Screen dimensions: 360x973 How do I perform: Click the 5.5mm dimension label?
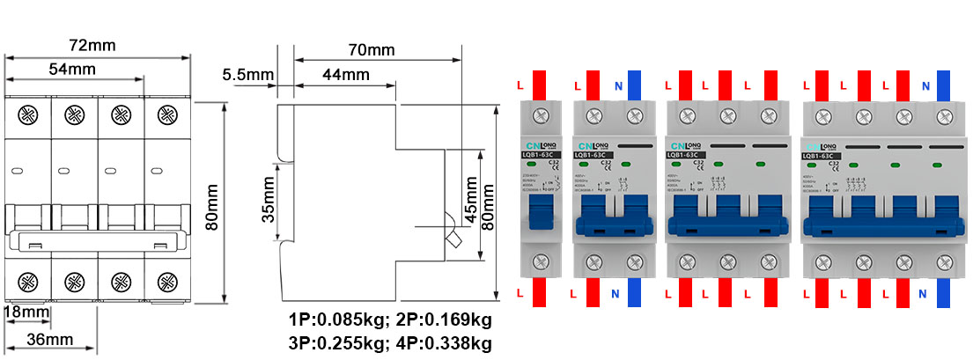click(247, 75)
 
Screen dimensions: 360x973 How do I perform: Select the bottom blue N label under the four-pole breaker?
click(925, 292)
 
